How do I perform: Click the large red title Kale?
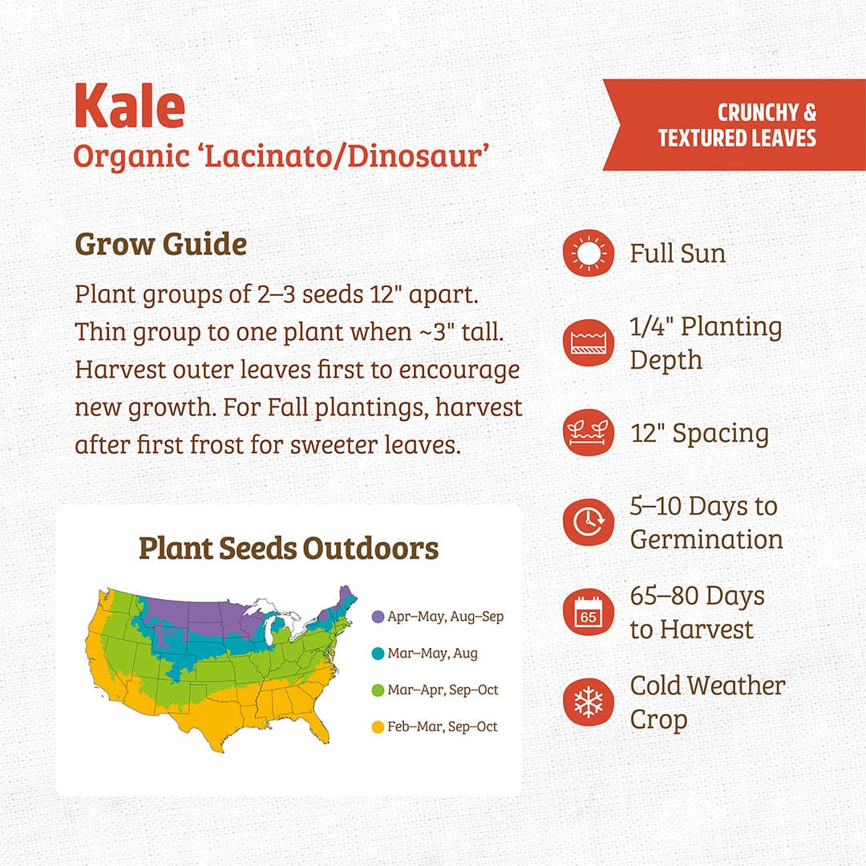(130, 106)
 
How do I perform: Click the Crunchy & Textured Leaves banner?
(736, 125)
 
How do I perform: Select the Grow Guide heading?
(160, 244)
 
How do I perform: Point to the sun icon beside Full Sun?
(588, 254)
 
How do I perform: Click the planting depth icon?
(588, 343)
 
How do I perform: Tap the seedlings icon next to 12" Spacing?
(588, 434)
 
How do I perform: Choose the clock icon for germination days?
(588, 522)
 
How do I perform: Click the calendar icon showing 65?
(588, 613)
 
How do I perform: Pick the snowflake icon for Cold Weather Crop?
(588, 702)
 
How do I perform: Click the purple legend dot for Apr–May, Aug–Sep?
(378, 617)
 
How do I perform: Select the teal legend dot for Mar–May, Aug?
(378, 654)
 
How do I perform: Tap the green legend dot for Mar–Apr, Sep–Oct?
(378, 690)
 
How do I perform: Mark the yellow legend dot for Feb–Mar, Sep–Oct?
(378, 726)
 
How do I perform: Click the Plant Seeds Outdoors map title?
(289, 548)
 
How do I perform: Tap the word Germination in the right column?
(706, 539)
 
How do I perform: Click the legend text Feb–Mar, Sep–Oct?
(443, 726)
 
